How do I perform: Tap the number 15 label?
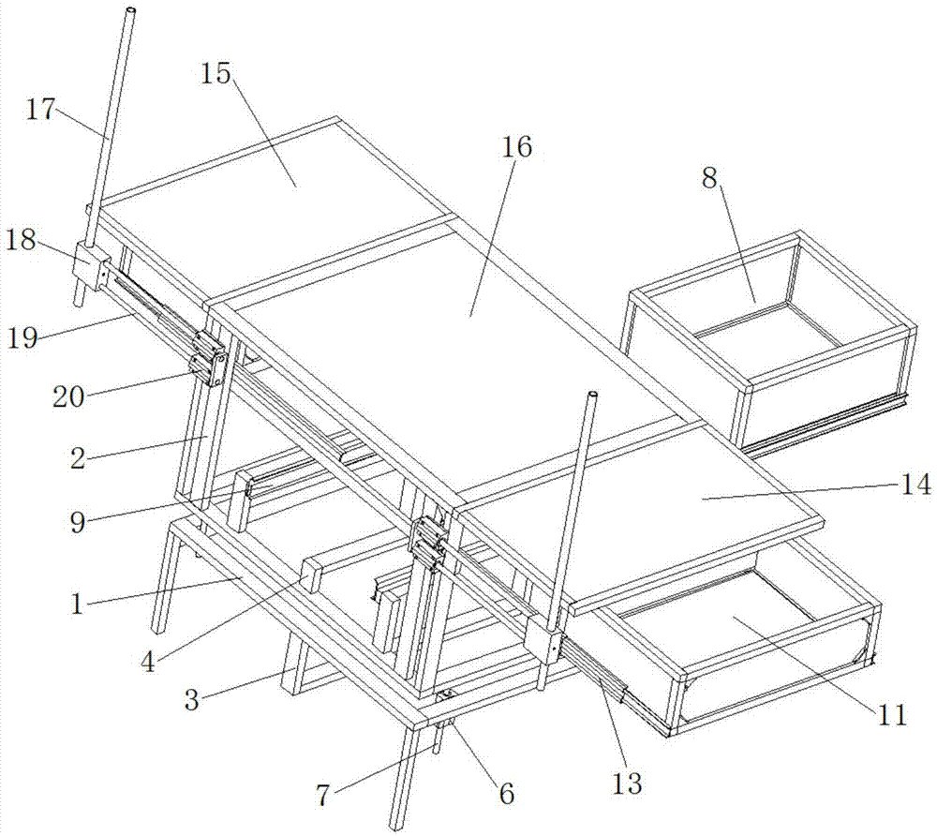coord(216,74)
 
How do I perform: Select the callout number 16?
coord(516,147)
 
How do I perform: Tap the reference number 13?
coord(626,784)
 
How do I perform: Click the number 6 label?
coord(506,794)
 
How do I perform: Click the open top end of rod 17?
coord(131,11)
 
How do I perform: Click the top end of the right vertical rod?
coord(592,397)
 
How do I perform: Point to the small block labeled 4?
coord(313,577)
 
